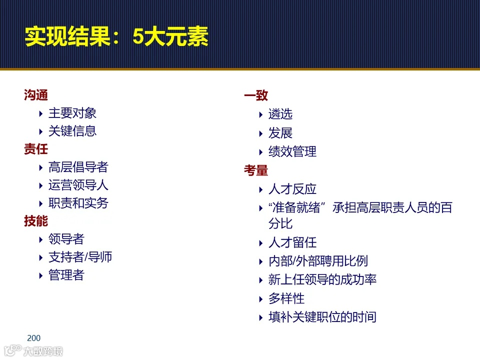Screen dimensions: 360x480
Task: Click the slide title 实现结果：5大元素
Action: pos(116,37)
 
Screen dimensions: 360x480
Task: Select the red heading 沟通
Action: pos(36,95)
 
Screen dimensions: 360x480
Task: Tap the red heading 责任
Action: pos(36,149)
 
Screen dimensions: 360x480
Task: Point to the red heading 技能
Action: pos(36,221)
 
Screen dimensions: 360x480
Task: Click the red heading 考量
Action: pos(256,170)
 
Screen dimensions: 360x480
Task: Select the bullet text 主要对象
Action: pos(72,113)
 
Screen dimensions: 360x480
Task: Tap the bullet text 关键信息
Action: pos(72,131)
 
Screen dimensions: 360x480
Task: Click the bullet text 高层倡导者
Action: pos(78,167)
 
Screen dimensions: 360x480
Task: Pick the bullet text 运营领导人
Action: pos(78,185)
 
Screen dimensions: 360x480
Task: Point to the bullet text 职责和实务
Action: pos(78,203)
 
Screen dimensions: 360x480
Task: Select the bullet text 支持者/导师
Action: pos(80,257)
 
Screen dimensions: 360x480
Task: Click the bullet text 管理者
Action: pos(66,275)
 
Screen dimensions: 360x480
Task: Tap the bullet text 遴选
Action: pos(280,114)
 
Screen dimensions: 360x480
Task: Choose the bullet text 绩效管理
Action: pos(292,151)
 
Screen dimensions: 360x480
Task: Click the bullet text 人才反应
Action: pos(292,189)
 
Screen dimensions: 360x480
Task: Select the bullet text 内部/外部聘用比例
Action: pos(318,261)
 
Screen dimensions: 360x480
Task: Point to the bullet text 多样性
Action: pos(286,298)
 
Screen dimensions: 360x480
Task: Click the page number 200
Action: pos(33,338)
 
